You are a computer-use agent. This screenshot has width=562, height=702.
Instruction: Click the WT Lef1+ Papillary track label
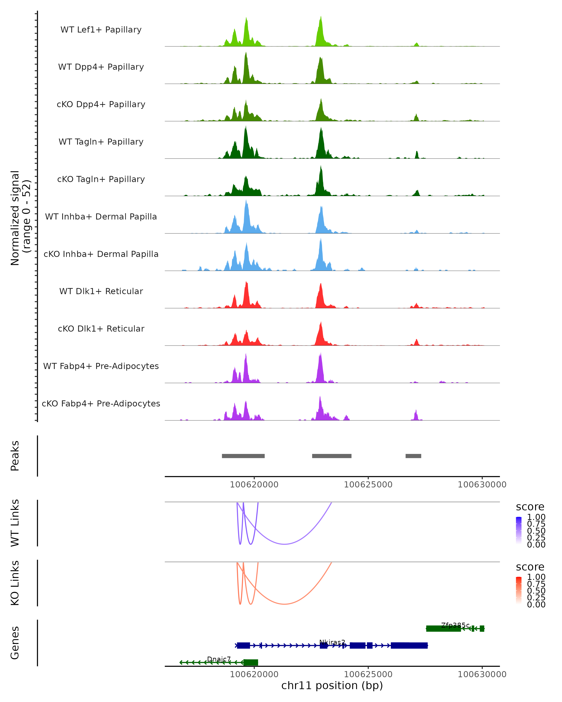(101, 30)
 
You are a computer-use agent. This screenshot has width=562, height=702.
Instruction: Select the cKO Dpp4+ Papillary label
(101, 105)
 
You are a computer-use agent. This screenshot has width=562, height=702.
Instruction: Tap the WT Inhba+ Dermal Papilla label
(101, 217)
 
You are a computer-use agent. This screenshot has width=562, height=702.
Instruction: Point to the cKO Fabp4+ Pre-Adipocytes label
(101, 404)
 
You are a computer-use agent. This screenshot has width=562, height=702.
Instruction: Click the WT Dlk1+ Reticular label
(101, 291)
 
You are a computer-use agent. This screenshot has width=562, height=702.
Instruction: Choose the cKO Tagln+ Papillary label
(101, 179)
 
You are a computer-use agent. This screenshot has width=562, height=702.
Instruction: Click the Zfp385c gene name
(455, 625)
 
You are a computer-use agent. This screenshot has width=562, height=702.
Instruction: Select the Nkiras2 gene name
(332, 642)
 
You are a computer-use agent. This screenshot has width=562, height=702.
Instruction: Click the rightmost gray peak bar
(413, 456)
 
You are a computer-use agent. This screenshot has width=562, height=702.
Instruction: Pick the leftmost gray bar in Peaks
(243, 456)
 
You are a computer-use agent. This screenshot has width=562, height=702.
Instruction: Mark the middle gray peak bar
(332, 456)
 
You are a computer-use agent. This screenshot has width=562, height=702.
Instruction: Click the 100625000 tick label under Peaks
(368, 485)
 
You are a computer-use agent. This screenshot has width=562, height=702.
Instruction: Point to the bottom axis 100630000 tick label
(482, 674)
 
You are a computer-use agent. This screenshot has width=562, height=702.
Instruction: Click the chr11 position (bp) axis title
(332, 686)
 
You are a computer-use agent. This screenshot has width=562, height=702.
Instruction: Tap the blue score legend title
(530, 507)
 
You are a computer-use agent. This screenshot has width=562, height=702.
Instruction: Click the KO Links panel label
(15, 583)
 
